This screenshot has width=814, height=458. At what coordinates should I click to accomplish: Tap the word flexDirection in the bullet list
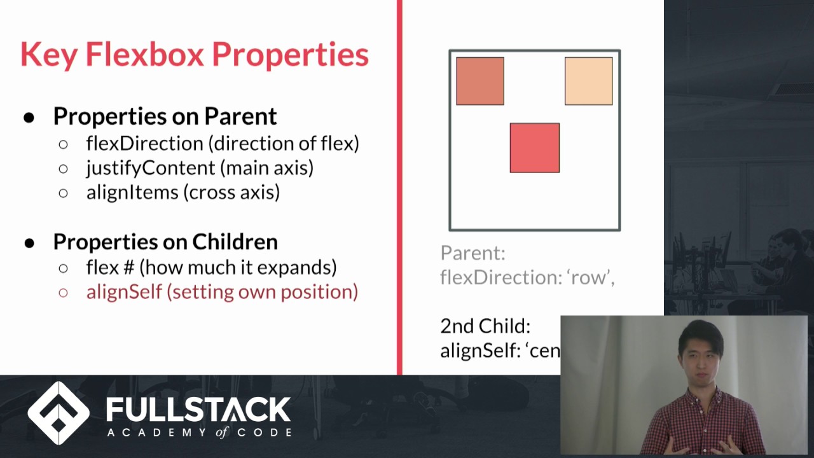[146, 143]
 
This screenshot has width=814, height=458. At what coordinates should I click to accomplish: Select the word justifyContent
[151, 167]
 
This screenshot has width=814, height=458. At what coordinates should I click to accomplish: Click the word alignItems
[132, 192]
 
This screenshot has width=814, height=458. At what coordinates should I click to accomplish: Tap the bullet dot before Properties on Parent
[29, 117]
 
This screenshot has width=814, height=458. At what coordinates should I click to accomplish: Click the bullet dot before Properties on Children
[29, 242]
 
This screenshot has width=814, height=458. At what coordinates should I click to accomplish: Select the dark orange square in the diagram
[479, 81]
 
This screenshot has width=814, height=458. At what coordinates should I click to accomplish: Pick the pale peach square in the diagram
[588, 81]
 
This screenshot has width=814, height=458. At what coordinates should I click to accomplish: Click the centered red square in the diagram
[534, 148]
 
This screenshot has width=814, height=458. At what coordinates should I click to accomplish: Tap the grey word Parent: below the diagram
[473, 253]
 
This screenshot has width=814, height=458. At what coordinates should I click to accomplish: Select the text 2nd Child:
[485, 326]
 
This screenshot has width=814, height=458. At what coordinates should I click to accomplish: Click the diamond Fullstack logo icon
[59, 413]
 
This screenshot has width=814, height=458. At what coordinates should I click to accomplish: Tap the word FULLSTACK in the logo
[198, 410]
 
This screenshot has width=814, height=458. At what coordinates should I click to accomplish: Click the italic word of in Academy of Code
[220, 432]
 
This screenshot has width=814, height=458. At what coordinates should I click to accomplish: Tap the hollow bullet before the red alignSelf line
[63, 293]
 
